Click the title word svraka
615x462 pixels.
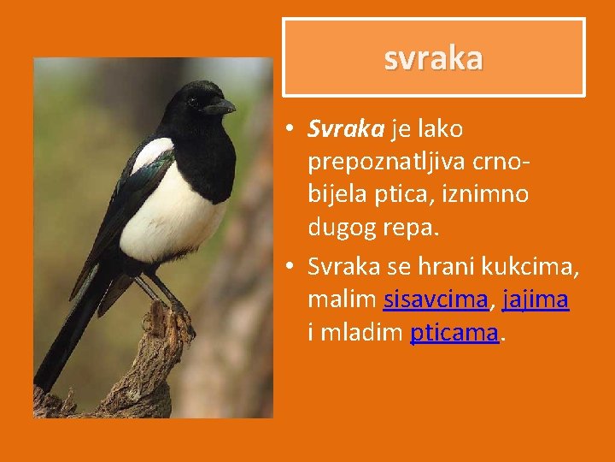point(433,57)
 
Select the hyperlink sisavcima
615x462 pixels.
point(436,300)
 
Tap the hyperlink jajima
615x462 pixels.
point(536,300)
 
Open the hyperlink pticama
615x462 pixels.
point(454,333)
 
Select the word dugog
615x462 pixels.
point(349,227)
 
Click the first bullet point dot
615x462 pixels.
point(291,130)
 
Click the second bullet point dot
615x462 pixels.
point(291,269)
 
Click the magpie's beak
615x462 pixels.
point(220,107)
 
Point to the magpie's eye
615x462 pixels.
point(193,100)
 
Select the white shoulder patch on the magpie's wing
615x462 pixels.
point(152,155)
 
